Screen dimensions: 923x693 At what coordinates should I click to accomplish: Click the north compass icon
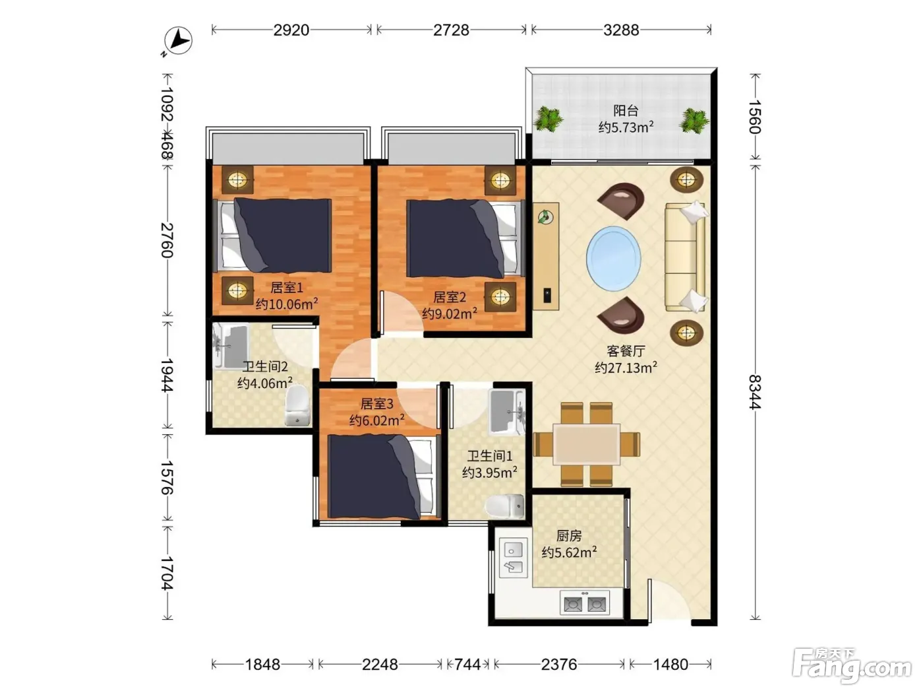pyautogui.click(x=178, y=41)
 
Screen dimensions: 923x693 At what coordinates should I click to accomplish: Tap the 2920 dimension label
pyautogui.click(x=291, y=30)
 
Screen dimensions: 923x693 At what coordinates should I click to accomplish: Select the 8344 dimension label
pyautogui.click(x=755, y=391)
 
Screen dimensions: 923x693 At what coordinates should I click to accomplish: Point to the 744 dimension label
pyautogui.click(x=467, y=665)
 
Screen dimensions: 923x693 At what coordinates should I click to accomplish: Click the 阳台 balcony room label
pyautogui.click(x=626, y=111)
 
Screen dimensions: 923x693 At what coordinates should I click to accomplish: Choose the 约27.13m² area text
pyautogui.click(x=626, y=368)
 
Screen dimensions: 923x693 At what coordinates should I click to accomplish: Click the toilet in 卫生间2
pyautogui.click(x=297, y=405)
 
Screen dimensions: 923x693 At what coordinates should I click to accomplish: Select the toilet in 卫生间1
pyautogui.click(x=504, y=506)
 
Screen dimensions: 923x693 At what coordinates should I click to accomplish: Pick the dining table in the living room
pyautogui.click(x=586, y=444)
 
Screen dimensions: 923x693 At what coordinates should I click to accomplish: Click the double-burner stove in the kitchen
pyautogui.click(x=585, y=603)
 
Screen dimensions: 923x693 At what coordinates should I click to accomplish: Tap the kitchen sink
pyautogui.click(x=513, y=558)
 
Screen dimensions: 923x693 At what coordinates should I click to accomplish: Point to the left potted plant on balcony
pyautogui.click(x=548, y=118)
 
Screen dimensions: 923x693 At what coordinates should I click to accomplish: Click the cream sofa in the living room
pyautogui.click(x=685, y=257)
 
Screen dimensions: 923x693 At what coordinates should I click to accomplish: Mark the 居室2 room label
pyautogui.click(x=450, y=298)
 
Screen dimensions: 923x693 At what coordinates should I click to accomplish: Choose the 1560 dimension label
pyautogui.click(x=755, y=117)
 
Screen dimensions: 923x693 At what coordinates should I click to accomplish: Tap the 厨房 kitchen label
pyautogui.click(x=569, y=536)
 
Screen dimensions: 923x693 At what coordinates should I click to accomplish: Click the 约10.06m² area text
pyautogui.click(x=287, y=304)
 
